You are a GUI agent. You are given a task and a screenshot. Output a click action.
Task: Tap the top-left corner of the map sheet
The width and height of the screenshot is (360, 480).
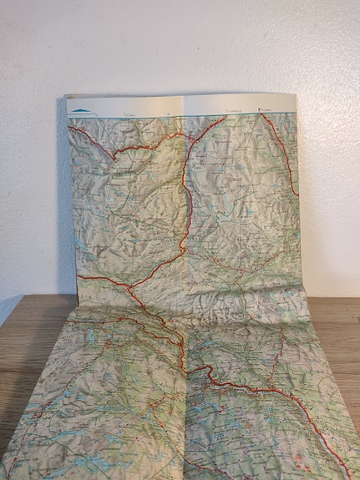coord(67,96)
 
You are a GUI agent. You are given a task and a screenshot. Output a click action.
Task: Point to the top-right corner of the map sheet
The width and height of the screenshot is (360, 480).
coord(296,93)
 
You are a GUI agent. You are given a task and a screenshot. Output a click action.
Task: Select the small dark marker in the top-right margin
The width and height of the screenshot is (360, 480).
coord(261,109)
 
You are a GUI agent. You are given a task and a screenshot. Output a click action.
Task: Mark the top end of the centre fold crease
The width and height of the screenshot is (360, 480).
coord(182,95)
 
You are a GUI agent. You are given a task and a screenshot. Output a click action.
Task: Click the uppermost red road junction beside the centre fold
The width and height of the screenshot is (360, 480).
coord(186,134)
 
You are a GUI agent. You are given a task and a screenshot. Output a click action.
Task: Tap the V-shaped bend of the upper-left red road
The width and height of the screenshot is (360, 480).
coord(114,156)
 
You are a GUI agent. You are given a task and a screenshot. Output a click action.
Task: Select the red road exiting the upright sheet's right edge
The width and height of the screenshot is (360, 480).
coord(297,194)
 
